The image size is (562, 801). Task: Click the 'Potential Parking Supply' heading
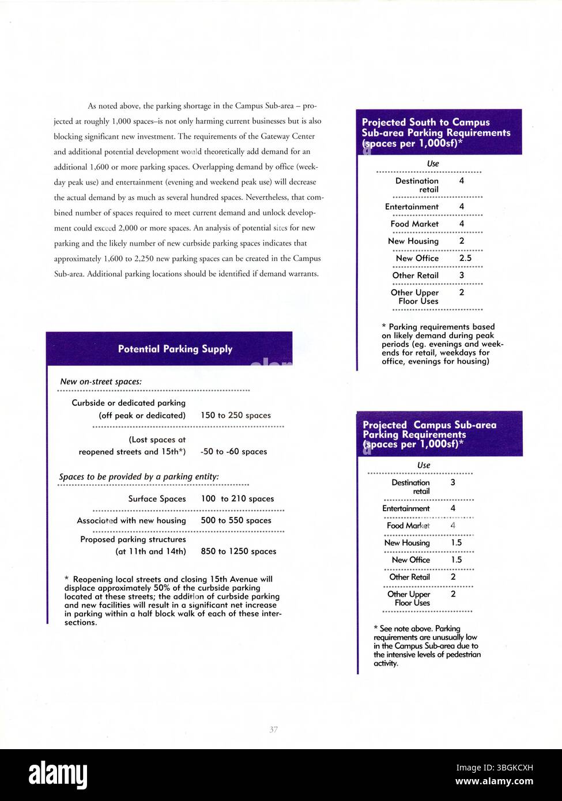(x=175, y=349)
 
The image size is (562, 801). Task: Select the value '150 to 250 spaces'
(x=235, y=415)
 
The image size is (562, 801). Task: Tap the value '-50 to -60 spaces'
(x=233, y=451)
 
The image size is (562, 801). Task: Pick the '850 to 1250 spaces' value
(x=238, y=551)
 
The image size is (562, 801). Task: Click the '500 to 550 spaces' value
(x=236, y=520)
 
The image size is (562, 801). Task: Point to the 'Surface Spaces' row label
(x=157, y=498)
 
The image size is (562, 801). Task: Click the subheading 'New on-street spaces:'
(x=101, y=381)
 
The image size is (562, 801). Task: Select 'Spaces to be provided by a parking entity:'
(x=139, y=477)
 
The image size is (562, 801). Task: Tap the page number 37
(x=274, y=730)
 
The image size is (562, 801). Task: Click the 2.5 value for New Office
(x=465, y=258)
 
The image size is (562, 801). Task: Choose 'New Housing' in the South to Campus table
(x=413, y=241)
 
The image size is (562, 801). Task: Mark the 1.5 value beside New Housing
(x=455, y=542)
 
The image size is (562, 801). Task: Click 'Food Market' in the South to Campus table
(x=414, y=224)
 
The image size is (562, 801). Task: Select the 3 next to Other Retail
(x=461, y=275)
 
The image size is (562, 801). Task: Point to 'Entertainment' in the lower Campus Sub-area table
(x=406, y=508)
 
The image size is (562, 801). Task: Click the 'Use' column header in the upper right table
(x=433, y=164)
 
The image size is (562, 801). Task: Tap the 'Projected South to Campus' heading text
(x=425, y=122)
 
